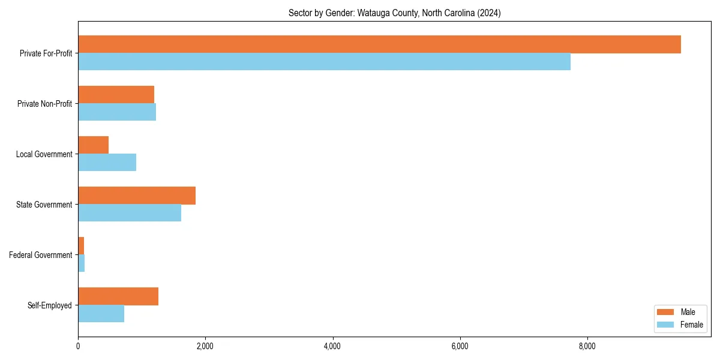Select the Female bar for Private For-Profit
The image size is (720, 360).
click(x=324, y=62)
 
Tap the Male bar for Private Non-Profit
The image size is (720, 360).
click(x=116, y=95)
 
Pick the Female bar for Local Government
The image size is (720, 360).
click(x=107, y=163)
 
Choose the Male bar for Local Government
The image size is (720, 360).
click(x=93, y=145)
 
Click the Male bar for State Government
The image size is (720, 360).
click(x=137, y=196)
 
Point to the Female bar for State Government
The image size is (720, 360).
click(x=130, y=213)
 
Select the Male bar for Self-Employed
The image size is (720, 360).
click(x=118, y=296)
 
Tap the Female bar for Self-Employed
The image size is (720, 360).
click(x=101, y=314)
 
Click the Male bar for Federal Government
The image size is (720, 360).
click(x=81, y=246)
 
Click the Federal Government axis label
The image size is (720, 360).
click(x=41, y=255)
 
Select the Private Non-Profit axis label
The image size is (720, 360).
click(x=44, y=104)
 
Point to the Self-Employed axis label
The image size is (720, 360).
click(x=50, y=305)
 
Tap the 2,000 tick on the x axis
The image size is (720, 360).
click(x=205, y=346)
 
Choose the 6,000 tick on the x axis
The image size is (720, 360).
click(x=460, y=346)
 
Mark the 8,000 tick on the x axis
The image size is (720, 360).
click(x=587, y=346)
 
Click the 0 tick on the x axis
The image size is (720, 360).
click(x=78, y=346)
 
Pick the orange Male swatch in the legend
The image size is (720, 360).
click(x=665, y=312)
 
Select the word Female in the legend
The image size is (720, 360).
click(x=691, y=325)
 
